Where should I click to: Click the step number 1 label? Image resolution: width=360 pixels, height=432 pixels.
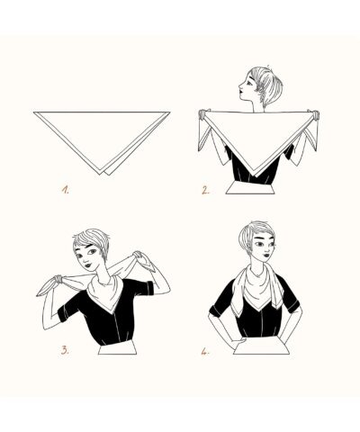65,190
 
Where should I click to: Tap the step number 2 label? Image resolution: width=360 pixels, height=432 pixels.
205,191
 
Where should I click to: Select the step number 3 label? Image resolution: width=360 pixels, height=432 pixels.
65,350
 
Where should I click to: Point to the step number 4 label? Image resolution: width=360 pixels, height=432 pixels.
205,352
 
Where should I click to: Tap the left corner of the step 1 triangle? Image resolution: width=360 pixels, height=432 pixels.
34,112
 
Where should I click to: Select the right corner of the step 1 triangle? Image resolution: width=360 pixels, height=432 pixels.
170,112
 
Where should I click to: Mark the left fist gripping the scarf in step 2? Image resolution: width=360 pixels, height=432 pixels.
203,114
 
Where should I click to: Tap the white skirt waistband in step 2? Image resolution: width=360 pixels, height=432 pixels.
250,188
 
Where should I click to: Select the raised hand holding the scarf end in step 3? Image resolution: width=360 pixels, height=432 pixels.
138,256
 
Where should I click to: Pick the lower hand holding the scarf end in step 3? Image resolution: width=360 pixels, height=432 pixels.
58,279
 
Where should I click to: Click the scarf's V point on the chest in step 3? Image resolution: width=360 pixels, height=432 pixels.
112,312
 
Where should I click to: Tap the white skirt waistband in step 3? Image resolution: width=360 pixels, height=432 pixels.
117,349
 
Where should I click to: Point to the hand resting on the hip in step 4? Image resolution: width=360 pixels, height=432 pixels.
238,342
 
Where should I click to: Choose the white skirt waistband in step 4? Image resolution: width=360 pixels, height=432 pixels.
262,349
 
